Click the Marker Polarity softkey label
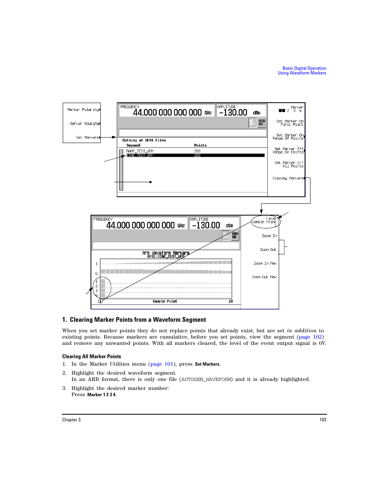point(83,110)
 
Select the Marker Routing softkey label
point(84,124)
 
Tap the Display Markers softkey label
point(288,178)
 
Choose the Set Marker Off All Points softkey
point(289,165)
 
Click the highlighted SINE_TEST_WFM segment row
point(195,156)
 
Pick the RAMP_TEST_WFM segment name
point(140,151)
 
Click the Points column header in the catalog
point(200,145)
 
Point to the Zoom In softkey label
point(269,236)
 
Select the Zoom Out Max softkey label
point(264,277)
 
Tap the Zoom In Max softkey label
point(265,263)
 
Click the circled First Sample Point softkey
point(265,221)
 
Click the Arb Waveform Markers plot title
point(166,253)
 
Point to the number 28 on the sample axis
point(231,301)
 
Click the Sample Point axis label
point(165,301)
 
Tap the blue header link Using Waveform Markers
point(302,73)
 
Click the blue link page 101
point(162,364)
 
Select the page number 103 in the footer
point(323,420)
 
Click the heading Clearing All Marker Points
point(92,357)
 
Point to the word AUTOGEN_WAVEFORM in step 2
point(207,379)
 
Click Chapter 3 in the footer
point(71,420)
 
